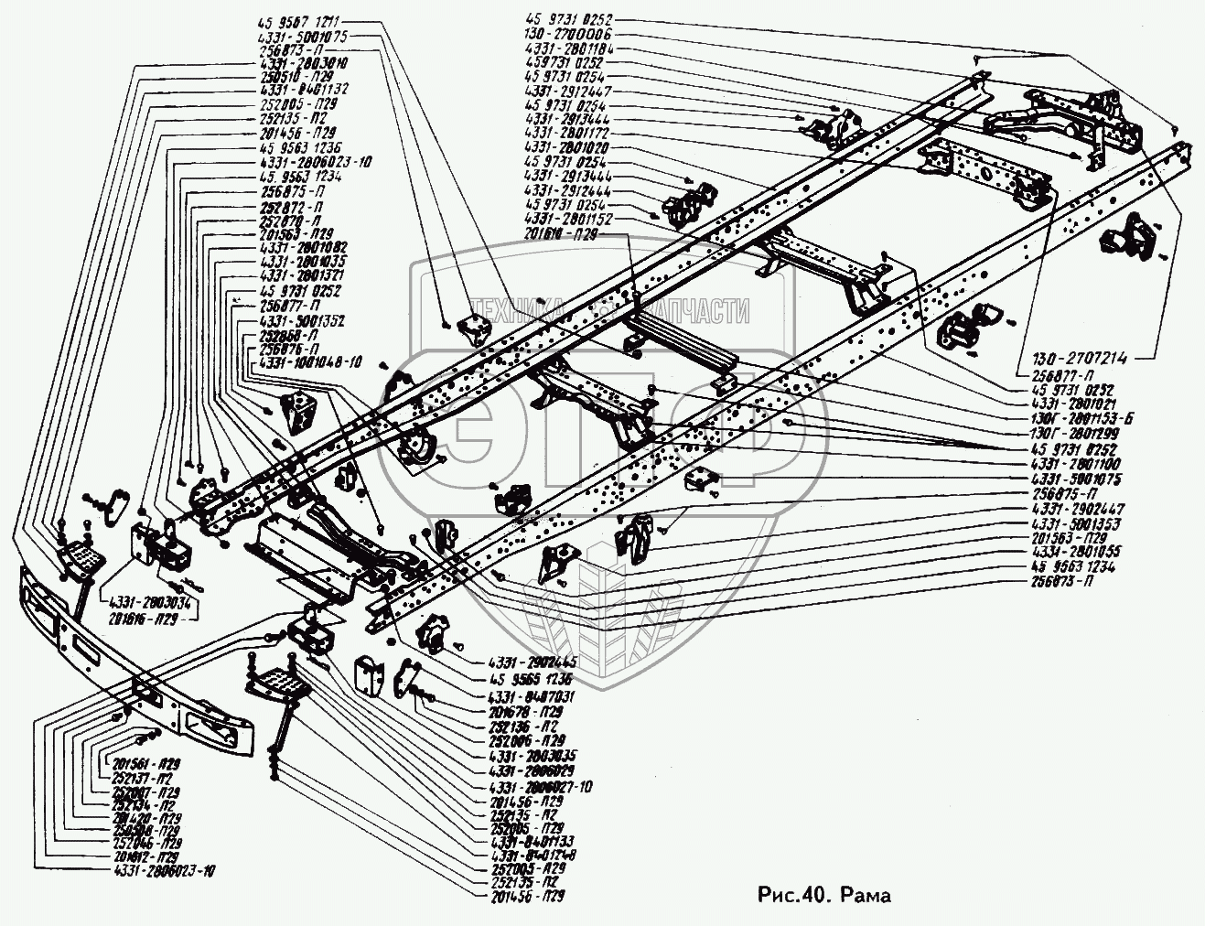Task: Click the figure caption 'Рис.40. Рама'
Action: point(824,894)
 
